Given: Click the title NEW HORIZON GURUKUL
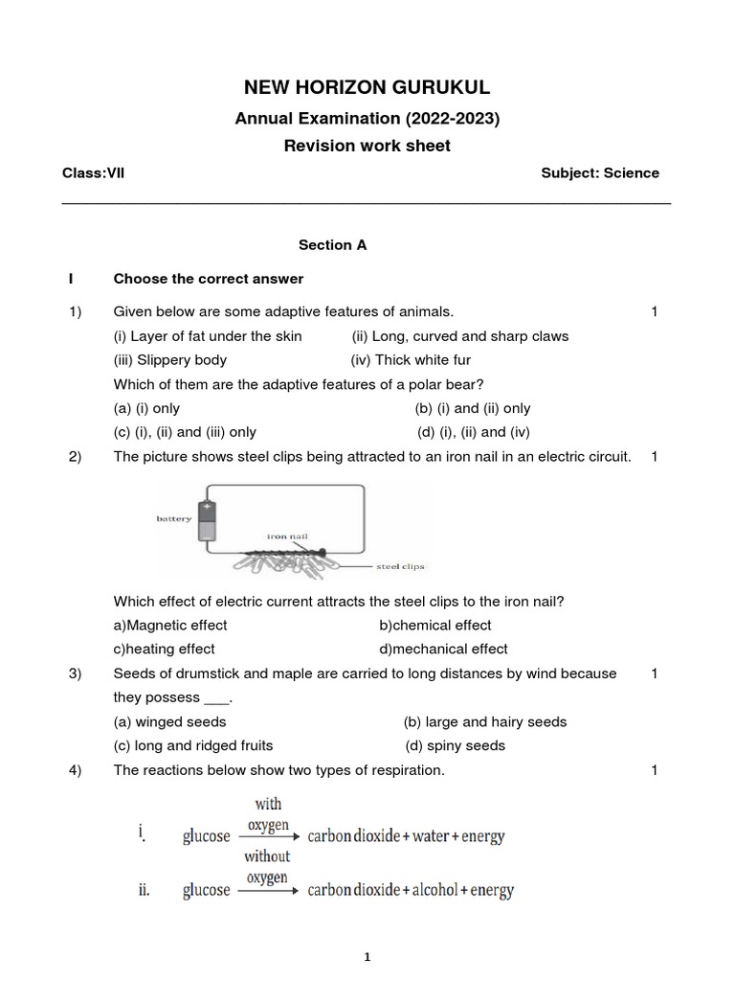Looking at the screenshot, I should pyautogui.click(x=367, y=88).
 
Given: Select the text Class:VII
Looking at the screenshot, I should pyautogui.click(x=93, y=173).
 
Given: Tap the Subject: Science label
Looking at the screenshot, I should pyautogui.click(x=600, y=173).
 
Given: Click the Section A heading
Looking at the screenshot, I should pyautogui.click(x=332, y=245).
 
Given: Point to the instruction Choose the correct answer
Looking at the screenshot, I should pyautogui.click(x=209, y=279).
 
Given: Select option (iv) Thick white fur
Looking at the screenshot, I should pyautogui.click(x=411, y=360).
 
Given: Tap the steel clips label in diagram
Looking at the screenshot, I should pyautogui.click(x=399, y=566).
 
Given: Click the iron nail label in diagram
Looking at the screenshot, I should pyautogui.click(x=287, y=537).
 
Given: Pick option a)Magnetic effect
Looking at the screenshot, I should pyautogui.click(x=170, y=626).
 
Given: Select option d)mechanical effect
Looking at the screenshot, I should pyautogui.click(x=443, y=650).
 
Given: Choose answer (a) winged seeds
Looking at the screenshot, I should pyautogui.click(x=170, y=722).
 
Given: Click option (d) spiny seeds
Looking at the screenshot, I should pyautogui.click(x=455, y=746).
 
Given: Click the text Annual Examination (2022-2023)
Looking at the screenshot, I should pyautogui.click(x=367, y=119).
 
